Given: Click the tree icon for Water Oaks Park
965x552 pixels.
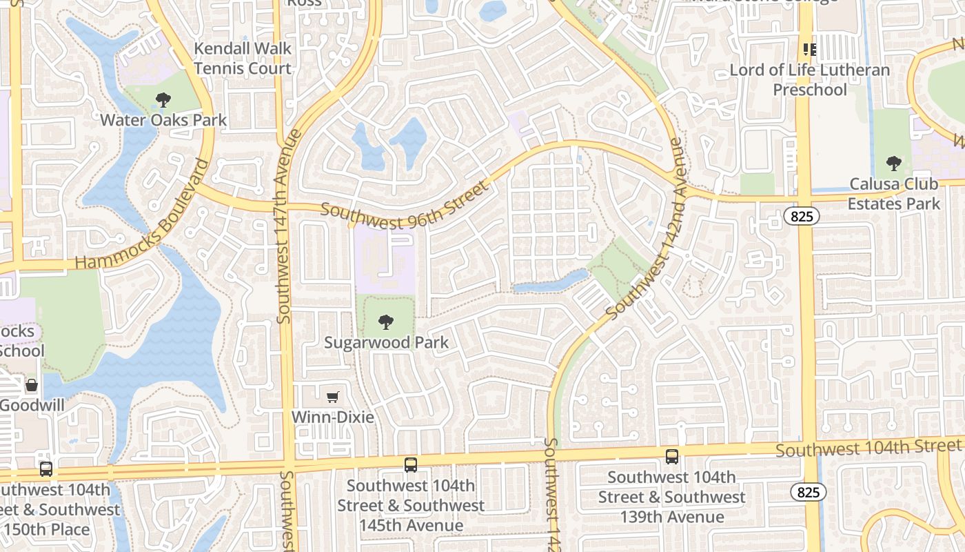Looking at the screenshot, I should (x=163, y=101).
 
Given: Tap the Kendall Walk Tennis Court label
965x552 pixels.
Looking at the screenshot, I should (x=243, y=59).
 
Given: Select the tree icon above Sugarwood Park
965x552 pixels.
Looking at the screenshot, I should (x=386, y=322).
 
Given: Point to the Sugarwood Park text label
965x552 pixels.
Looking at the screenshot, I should (x=386, y=342).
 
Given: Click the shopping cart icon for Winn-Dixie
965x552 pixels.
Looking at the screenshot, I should (x=333, y=397).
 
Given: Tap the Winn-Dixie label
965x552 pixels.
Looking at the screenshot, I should (x=333, y=417).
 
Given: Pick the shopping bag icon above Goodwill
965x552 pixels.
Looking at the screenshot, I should (x=31, y=385).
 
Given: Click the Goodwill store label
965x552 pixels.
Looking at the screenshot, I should (x=32, y=405).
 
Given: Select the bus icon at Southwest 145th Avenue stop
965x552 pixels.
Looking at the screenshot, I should (x=411, y=465).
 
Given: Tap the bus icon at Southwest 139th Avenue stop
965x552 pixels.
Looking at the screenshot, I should (x=671, y=456).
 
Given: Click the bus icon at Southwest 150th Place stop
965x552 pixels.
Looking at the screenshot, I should (x=46, y=469).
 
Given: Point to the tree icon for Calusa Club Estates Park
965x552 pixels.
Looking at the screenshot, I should (x=893, y=164).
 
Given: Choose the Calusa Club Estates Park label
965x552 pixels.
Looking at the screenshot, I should (x=893, y=194).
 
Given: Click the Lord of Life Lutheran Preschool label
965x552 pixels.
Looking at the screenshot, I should (x=809, y=80).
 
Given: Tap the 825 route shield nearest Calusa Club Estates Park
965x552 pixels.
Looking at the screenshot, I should (x=802, y=217).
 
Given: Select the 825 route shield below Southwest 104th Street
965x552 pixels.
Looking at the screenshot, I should (x=808, y=492).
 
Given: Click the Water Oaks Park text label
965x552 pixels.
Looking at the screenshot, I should (x=163, y=120).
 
